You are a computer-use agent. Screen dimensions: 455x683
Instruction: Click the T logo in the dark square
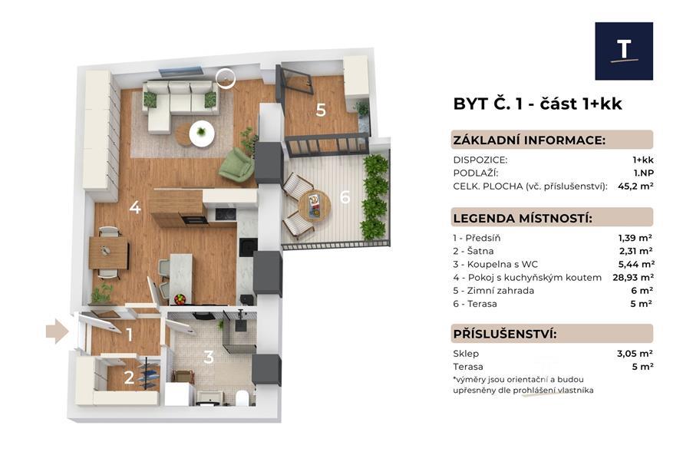click(624, 51)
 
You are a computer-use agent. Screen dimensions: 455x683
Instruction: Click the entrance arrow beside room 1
click(56, 331)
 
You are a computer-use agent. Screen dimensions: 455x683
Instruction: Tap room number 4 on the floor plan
click(135, 207)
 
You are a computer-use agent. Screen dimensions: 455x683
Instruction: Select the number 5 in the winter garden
click(321, 110)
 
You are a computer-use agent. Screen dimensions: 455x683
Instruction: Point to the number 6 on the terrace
click(345, 197)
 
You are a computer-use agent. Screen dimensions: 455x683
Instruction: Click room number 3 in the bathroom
click(208, 357)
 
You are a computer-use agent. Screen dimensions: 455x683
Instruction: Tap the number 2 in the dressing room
click(129, 377)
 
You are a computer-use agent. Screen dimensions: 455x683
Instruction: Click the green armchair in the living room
click(236, 163)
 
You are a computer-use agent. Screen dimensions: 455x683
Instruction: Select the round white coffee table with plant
click(202, 132)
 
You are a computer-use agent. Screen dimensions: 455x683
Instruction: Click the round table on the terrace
click(315, 205)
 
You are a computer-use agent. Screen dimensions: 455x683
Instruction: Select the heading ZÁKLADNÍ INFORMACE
click(529, 140)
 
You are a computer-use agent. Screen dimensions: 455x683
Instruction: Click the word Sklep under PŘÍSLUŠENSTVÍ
click(466, 354)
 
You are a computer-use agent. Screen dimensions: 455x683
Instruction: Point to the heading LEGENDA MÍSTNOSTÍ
click(523, 218)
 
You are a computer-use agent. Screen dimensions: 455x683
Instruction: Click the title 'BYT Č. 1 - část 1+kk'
click(537, 104)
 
